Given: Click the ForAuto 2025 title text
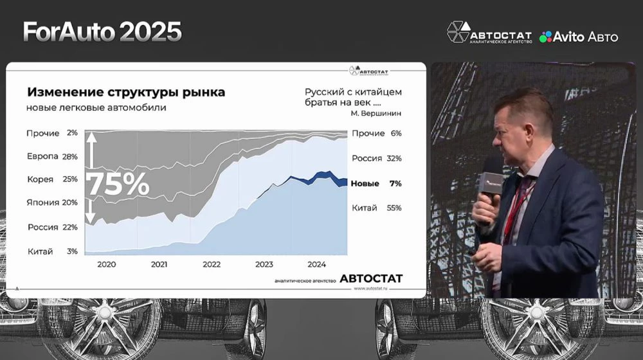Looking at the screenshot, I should point(102,32).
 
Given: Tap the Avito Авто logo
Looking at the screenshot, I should point(579,37).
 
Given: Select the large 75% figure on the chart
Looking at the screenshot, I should point(118,184).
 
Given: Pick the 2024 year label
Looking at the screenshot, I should point(316,264).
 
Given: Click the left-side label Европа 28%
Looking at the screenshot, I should point(52,156).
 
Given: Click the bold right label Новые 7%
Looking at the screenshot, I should point(376,183).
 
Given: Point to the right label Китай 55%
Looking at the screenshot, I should point(376,208).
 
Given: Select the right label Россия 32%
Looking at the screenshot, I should point(376,158).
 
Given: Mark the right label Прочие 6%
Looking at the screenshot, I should point(376,133).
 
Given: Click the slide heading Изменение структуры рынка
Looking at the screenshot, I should point(126,92).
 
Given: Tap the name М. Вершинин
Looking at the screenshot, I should point(376,113).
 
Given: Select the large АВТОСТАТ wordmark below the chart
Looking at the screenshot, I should point(371,278).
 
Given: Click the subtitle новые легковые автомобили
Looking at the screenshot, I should point(96,107).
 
